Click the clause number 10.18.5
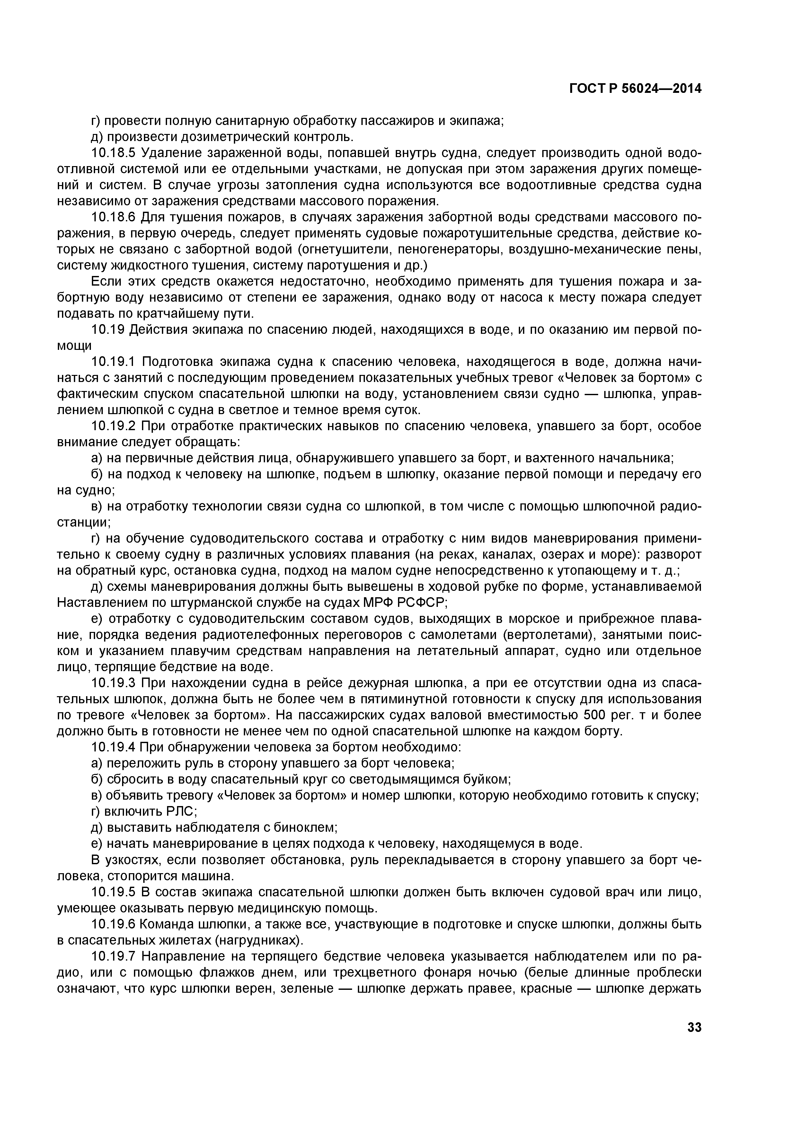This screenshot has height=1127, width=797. pyautogui.click(x=114, y=153)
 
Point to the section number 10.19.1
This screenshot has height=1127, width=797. pyautogui.click(x=113, y=362)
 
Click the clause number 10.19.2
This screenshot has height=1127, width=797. pyautogui.click(x=113, y=426)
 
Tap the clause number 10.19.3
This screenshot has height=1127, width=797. pyautogui.click(x=113, y=683)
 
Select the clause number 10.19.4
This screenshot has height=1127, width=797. pyautogui.click(x=113, y=747)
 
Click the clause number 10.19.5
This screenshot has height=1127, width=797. pyautogui.click(x=113, y=892)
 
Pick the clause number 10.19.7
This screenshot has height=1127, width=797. pyautogui.click(x=113, y=956)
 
